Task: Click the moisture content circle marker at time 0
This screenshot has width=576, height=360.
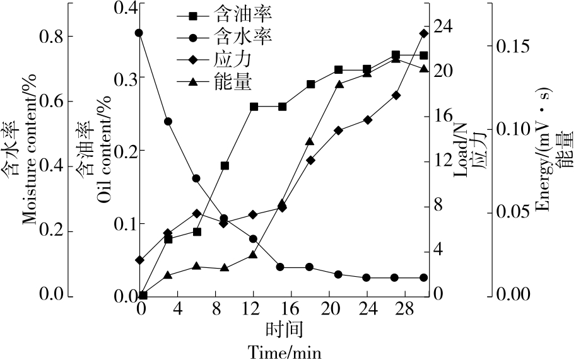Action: [x=139, y=33]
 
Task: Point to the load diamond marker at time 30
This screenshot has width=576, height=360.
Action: [x=424, y=33]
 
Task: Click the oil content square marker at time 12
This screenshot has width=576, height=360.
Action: [x=254, y=107]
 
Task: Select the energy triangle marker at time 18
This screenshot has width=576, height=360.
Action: [x=310, y=142]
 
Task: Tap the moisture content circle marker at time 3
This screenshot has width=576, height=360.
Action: [x=168, y=122]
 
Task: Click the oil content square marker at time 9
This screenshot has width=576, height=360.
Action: [x=225, y=166]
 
